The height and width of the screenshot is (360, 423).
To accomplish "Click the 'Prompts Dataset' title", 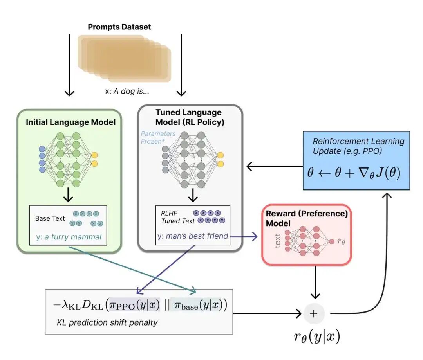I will pos(119,27).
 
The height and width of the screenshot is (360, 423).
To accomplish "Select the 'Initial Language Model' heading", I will pos(70,122).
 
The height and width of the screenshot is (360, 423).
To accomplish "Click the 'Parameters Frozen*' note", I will pos(158,137).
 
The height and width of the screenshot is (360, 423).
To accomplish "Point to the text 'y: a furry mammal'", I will pos(68,236).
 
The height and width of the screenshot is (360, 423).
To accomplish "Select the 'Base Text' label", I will pos(50,218).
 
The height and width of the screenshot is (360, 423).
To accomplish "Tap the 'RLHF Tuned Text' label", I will pos(177,217).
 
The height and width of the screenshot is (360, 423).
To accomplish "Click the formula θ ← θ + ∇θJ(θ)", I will pos(354,173).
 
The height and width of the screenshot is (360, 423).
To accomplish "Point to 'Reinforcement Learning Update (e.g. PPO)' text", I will pos(358,146).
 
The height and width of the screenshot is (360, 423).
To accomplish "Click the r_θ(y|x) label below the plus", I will pos(317,337).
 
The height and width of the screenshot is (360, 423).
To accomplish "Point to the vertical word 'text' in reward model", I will pos(278,240).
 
